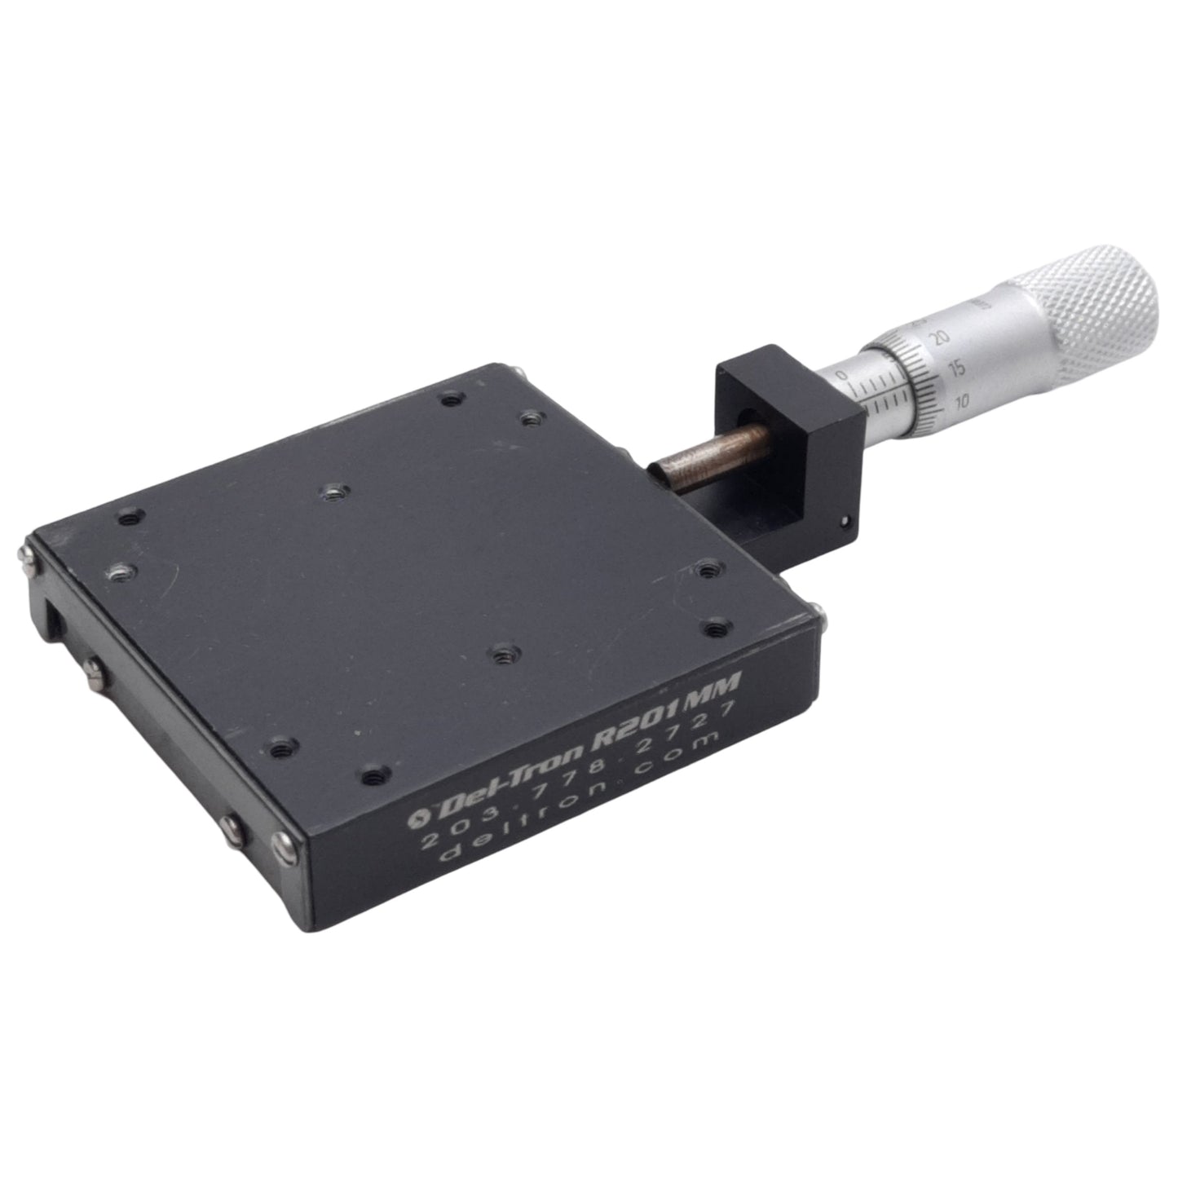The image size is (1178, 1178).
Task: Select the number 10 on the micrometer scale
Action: pyautogui.click(x=962, y=400)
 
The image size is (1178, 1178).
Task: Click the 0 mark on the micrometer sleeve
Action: pyautogui.click(x=842, y=375)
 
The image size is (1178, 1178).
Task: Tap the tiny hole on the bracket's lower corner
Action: pyautogui.click(x=844, y=518)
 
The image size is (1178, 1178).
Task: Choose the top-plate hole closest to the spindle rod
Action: pyautogui.click(x=532, y=419)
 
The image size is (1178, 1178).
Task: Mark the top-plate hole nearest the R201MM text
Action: pyautogui.click(x=716, y=628)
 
